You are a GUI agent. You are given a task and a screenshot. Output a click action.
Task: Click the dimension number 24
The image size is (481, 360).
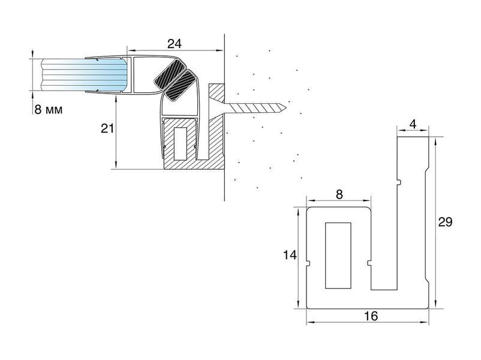coord(175,44)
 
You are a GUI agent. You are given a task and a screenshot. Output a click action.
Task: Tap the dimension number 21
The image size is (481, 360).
coord(107,128)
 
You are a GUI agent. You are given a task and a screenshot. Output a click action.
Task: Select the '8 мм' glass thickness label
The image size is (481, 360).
coord(48,109)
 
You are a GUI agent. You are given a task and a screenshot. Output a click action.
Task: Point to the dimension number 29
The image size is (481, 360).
coord(445,221)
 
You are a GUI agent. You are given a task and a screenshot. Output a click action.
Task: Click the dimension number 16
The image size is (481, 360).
coord(371,316)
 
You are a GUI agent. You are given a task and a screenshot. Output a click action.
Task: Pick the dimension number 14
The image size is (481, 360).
coord(290,255)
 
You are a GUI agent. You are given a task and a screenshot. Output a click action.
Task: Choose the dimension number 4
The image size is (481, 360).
coord(413,124)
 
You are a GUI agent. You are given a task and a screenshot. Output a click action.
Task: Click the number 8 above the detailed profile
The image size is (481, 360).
coord(339,194)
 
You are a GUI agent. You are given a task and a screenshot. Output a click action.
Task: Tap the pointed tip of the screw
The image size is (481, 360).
coord(285,107)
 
